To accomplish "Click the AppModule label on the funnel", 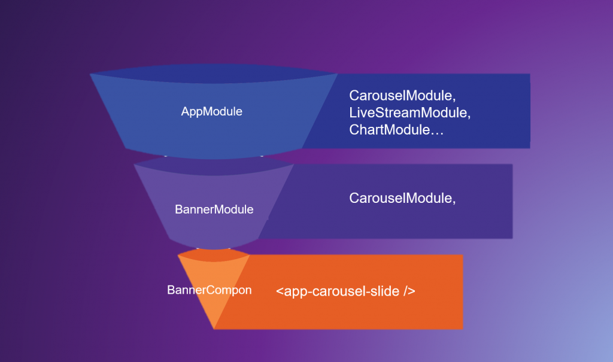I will tap(211, 111).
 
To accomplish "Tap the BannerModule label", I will tap(214, 209).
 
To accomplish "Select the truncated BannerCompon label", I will tap(209, 290).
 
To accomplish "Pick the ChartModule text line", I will tap(396, 129).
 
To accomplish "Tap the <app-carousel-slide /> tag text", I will tap(345, 291).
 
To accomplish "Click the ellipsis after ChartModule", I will tap(437, 130).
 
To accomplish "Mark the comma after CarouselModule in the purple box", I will tap(454, 200).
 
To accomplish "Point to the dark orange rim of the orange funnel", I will tap(213, 256).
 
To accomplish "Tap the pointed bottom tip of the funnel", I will tap(214, 327).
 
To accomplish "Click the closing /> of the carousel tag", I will tap(409, 291).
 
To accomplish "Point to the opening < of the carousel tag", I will tap(280, 292).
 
